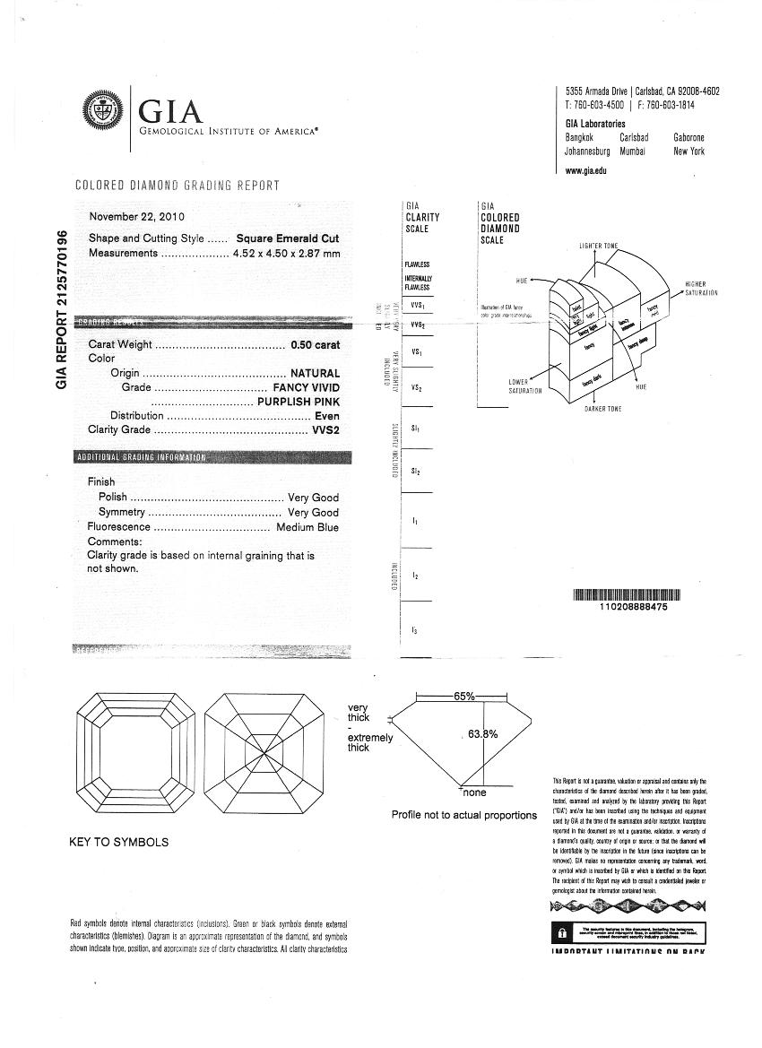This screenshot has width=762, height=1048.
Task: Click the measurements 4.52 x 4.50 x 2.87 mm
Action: click(287, 254)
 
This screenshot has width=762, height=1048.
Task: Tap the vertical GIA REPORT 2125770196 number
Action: click(63, 309)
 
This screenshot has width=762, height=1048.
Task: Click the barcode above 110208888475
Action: click(626, 593)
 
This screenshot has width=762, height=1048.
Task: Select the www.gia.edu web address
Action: click(586, 171)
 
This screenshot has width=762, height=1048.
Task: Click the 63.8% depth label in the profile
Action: click(483, 734)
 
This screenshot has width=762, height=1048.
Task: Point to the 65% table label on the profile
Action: click(464, 697)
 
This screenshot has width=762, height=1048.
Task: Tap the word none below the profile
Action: click(474, 793)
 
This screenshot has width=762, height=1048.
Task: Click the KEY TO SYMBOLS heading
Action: click(118, 843)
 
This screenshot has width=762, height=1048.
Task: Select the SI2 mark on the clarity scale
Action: click(416, 471)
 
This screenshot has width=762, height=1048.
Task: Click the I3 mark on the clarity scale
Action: click(414, 631)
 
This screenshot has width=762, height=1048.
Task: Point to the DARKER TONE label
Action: click(603, 410)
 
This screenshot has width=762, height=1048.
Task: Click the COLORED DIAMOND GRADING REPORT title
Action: click(178, 186)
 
